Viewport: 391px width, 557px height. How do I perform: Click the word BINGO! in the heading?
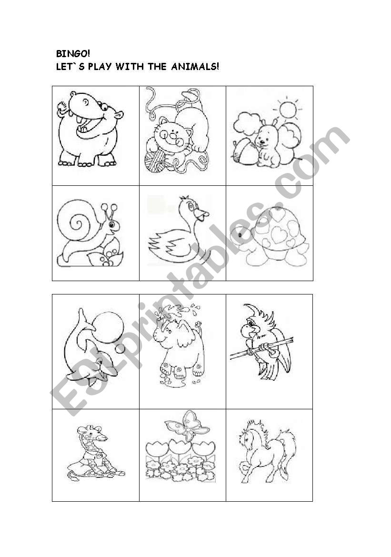tap(73, 54)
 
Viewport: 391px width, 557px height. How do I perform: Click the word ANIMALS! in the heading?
tap(195, 66)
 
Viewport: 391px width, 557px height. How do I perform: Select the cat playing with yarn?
tap(177, 132)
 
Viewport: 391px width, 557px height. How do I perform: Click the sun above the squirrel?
tap(288, 110)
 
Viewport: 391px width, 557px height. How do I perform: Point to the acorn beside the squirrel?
tap(245, 153)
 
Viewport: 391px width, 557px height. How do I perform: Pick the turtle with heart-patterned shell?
tap(270, 236)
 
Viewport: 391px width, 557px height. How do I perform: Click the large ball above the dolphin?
tap(109, 327)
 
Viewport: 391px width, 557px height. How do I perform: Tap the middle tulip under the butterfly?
tap(180, 447)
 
